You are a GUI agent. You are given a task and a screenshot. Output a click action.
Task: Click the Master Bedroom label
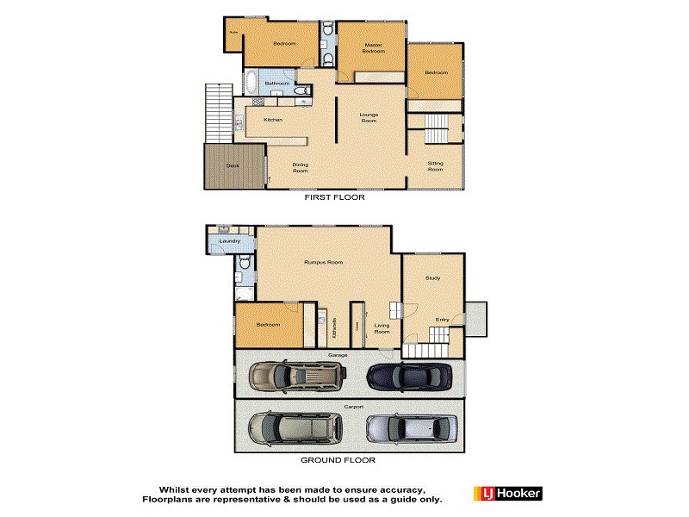373,48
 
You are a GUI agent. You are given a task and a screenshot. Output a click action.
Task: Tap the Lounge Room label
369,117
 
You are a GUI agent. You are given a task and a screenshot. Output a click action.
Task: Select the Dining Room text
301,167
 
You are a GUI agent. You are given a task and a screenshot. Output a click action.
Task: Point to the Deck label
233,165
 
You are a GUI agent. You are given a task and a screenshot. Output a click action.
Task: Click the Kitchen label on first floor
273,120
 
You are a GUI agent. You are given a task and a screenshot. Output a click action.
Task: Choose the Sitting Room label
436,165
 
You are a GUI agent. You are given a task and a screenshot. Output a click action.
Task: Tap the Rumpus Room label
324,262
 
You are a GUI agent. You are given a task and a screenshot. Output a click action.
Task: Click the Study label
433,277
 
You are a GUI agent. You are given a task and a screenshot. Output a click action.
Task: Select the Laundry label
230,241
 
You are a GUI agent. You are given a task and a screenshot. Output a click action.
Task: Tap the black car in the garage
409,376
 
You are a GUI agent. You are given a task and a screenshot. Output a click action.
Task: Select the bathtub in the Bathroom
251,83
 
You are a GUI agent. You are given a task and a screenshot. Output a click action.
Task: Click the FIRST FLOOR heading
335,197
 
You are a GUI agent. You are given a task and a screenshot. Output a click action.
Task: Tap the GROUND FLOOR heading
338,460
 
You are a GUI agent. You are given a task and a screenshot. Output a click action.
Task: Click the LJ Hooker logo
507,494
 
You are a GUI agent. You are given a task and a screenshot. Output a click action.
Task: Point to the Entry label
442,320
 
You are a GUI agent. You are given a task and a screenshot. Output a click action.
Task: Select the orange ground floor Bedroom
268,325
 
